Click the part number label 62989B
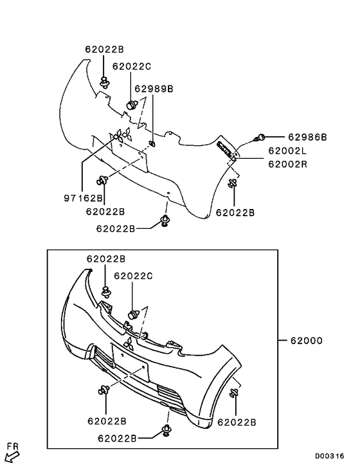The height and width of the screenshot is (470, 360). tap(154, 89)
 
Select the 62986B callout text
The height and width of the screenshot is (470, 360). tap(307, 137)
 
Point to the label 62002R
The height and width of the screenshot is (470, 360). tap(287, 163)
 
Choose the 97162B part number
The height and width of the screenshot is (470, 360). tap(83, 200)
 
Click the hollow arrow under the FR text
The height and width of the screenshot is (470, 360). tap(12, 457)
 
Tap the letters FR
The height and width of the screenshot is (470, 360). tap(12, 445)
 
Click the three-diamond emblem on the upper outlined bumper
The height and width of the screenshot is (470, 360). tap(122, 137)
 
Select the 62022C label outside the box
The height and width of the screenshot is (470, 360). tap(132, 66)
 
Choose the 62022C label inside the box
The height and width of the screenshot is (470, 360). tap(133, 276)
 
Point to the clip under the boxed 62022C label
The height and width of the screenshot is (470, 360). tap(133, 314)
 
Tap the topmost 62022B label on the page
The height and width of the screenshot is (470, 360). tap(104, 48)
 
